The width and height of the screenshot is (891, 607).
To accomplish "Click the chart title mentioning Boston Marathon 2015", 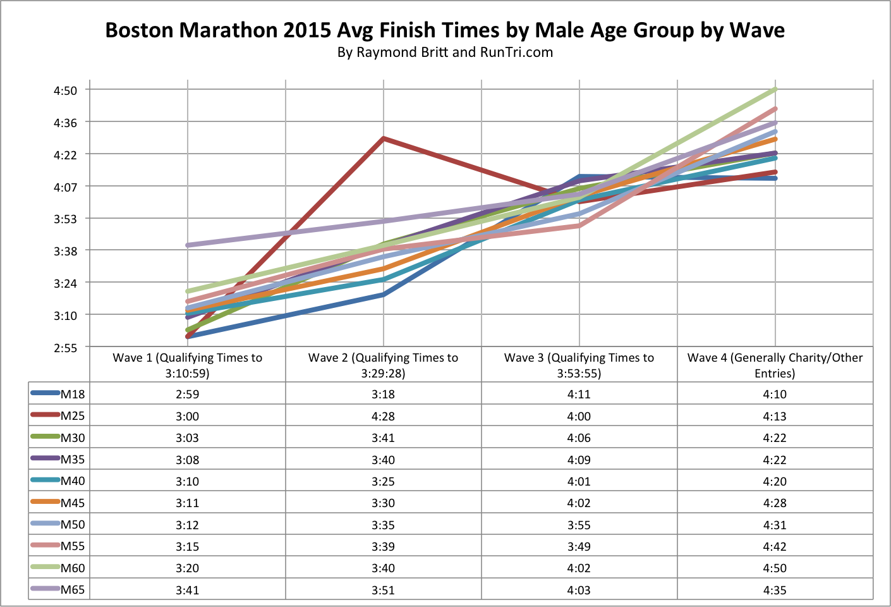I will coord(445,30).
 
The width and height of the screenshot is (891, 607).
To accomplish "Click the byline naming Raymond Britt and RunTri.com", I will coord(445,52).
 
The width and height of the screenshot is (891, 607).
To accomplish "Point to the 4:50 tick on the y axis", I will coord(65,90).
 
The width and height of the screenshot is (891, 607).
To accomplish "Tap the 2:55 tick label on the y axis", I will coord(65,347).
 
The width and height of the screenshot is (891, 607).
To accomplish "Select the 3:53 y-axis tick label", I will coord(65,219).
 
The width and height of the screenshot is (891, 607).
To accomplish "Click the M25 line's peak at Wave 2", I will coord(384,138).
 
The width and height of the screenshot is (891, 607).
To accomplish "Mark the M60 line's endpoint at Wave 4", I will coord(775,90).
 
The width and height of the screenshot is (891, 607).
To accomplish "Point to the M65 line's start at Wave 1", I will coord(188,245).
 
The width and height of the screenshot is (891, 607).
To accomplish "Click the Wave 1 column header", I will coord(187,365).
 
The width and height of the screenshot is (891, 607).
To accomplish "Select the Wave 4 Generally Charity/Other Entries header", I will coord(775,365).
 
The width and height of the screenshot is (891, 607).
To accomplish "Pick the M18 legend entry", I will coord(72,394).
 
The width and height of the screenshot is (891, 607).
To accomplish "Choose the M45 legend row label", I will coord(72,503).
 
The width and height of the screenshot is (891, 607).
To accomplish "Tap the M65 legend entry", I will coord(72,590).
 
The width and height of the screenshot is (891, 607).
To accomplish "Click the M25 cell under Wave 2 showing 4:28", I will coord(383,416).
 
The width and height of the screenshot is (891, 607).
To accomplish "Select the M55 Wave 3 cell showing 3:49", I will coord(579,546).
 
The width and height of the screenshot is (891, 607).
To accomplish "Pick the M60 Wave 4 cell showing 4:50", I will coord(775,568).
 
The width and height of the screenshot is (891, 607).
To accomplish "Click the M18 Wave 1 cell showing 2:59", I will coord(187,394).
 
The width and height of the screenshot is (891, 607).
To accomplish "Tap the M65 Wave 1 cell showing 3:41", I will coord(187,590).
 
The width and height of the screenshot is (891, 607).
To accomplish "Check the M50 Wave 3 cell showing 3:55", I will coord(579,525).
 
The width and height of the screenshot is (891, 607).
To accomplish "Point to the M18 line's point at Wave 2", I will coord(384,295).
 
